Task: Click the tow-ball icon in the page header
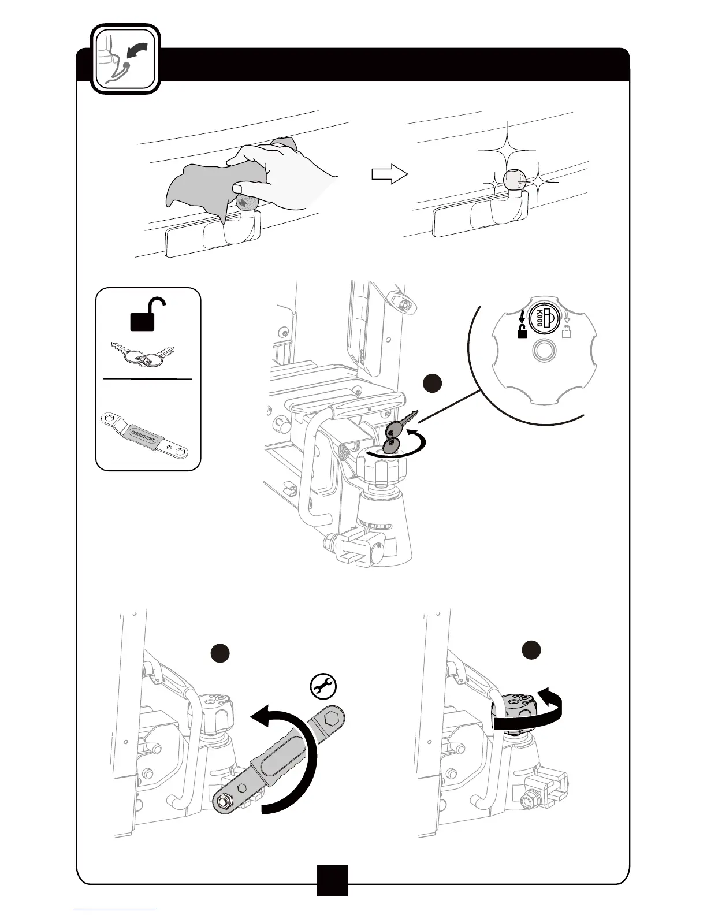125,59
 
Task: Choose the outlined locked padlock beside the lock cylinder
567,330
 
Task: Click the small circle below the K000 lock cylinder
544,350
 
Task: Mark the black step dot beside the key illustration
433,384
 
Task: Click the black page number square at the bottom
332,880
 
